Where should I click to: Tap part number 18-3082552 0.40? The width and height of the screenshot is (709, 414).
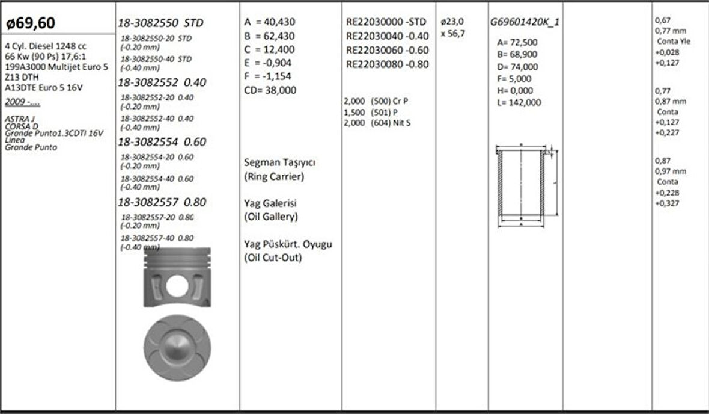162,82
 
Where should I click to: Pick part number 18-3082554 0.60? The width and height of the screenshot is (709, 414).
162,142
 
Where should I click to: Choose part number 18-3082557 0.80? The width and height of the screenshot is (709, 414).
162,202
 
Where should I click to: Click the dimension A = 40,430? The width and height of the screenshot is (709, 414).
270,22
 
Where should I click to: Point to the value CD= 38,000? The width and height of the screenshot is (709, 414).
270,90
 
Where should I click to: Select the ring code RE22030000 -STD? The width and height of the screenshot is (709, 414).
386,22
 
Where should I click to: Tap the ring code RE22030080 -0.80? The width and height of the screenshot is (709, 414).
387,64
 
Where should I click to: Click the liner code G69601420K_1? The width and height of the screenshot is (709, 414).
525,22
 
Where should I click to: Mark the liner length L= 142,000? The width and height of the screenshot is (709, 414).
519,103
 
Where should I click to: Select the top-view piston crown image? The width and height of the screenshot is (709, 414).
177,348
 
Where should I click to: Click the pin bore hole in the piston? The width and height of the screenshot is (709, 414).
177,285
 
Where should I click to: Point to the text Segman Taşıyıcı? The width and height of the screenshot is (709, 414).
280,163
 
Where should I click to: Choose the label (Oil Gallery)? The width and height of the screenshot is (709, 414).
270,217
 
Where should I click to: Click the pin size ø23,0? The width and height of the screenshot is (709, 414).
452,22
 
